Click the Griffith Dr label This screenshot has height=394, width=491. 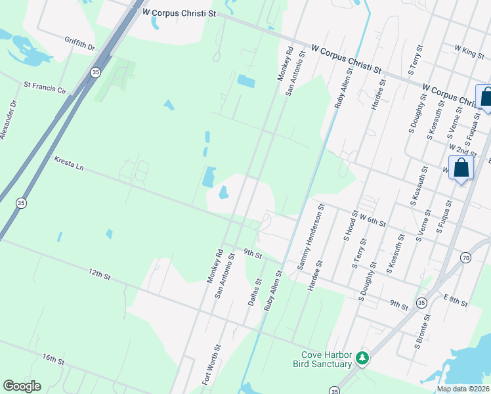tap(79, 43)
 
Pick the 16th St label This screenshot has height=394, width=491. tap(53, 361)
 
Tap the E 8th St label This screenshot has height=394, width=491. tap(455, 301)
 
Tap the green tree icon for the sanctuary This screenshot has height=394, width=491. tap(362, 359)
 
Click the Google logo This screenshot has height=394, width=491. tap(22, 386)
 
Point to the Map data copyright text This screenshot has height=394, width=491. tap(463, 389)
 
